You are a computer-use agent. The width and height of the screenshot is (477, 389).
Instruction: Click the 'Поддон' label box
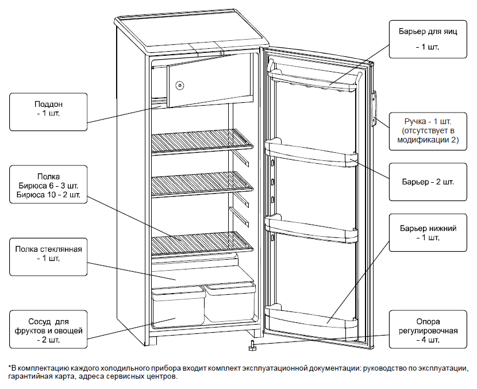tap(48, 109)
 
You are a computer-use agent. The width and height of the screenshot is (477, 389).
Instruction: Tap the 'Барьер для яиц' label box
tap(428, 39)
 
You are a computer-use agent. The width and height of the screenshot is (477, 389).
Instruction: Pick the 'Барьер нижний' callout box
tap(428, 233)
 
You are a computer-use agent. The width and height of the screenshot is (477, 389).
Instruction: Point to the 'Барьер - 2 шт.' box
tap(428, 182)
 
